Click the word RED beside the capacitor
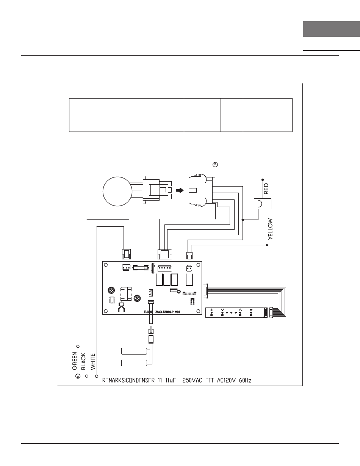266,188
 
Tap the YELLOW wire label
270,228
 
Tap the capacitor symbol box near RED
262,203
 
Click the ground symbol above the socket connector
215,165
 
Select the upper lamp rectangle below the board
134,351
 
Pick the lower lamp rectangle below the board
134,362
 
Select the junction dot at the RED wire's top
263,179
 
